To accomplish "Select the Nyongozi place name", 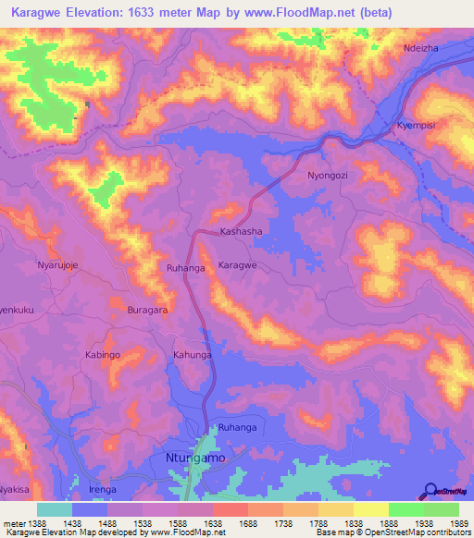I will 329,175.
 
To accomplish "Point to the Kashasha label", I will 241,231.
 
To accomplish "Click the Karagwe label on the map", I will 237,265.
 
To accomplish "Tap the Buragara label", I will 147,311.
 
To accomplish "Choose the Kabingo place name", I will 103,354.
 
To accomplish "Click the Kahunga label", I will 193,354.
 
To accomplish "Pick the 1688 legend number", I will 230,524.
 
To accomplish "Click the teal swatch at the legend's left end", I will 55,509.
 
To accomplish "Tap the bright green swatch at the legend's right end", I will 441,509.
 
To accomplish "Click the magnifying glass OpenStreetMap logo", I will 430,491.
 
